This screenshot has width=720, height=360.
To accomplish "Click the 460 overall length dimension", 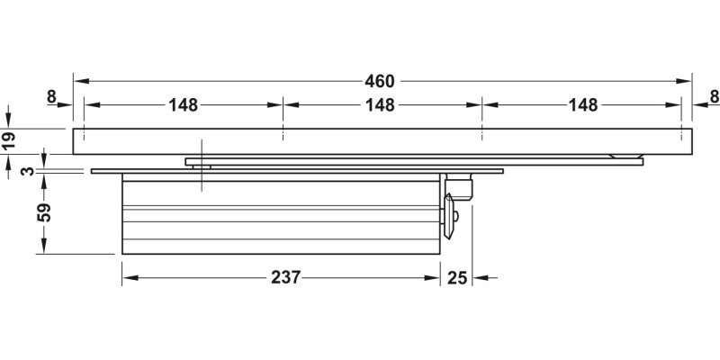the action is pyautogui.click(x=380, y=81).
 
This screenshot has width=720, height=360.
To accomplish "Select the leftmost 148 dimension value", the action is pyautogui.click(x=184, y=105).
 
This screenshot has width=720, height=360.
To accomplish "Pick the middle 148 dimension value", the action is pyautogui.click(x=380, y=105).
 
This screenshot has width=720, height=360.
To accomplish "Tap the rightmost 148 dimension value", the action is pyautogui.click(x=583, y=105).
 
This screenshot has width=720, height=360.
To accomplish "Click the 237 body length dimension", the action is pyautogui.click(x=285, y=277).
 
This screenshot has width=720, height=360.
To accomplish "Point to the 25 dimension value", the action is pyautogui.click(x=457, y=278).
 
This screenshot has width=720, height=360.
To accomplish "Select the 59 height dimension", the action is pyautogui.click(x=44, y=212).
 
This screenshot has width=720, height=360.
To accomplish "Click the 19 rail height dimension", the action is pyautogui.click(x=9, y=140).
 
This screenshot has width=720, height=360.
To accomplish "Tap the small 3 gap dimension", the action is pyautogui.click(x=29, y=171).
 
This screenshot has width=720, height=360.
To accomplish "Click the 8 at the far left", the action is pyautogui.click(x=51, y=96).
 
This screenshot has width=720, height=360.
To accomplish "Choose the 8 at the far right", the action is pyautogui.click(x=714, y=96).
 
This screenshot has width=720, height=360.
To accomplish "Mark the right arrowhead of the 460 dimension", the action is pyautogui.click(x=684, y=81).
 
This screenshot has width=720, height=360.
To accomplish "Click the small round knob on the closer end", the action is pyautogui.click(x=454, y=216).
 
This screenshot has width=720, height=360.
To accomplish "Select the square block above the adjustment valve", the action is pyautogui.click(x=460, y=188).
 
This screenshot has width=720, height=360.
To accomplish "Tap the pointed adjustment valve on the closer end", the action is pyautogui.click(x=448, y=216).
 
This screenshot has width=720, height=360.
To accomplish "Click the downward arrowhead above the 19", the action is pyautogui.click(x=8, y=121).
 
